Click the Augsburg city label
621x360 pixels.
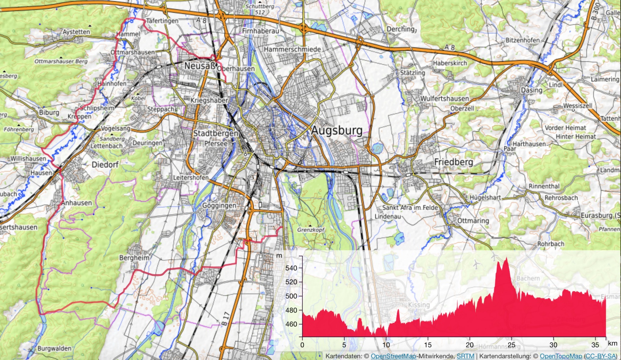click(x=337, y=131)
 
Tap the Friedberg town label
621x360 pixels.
click(x=453, y=162)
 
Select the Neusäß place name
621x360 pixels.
click(x=200, y=66)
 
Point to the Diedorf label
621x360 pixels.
click(x=105, y=165)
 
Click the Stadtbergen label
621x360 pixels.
click(x=216, y=134)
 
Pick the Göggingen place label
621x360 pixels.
click(x=219, y=206)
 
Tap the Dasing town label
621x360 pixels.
click(x=532, y=90)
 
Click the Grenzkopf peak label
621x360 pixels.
click(x=311, y=230)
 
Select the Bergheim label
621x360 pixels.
click(x=134, y=258)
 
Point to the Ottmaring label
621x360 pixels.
click(x=473, y=221)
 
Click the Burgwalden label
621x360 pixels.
click(x=54, y=348)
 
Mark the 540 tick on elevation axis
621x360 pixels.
click(x=291, y=268)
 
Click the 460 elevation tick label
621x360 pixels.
click(x=291, y=324)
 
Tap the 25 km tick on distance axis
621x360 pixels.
click(x=512, y=345)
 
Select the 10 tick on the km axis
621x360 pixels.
click(x=386, y=345)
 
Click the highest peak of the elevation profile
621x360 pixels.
click(x=507, y=258)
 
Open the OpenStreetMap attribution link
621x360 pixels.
click(x=393, y=356)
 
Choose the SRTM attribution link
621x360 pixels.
click(x=465, y=356)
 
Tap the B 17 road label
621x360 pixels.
click(x=225, y=318)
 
